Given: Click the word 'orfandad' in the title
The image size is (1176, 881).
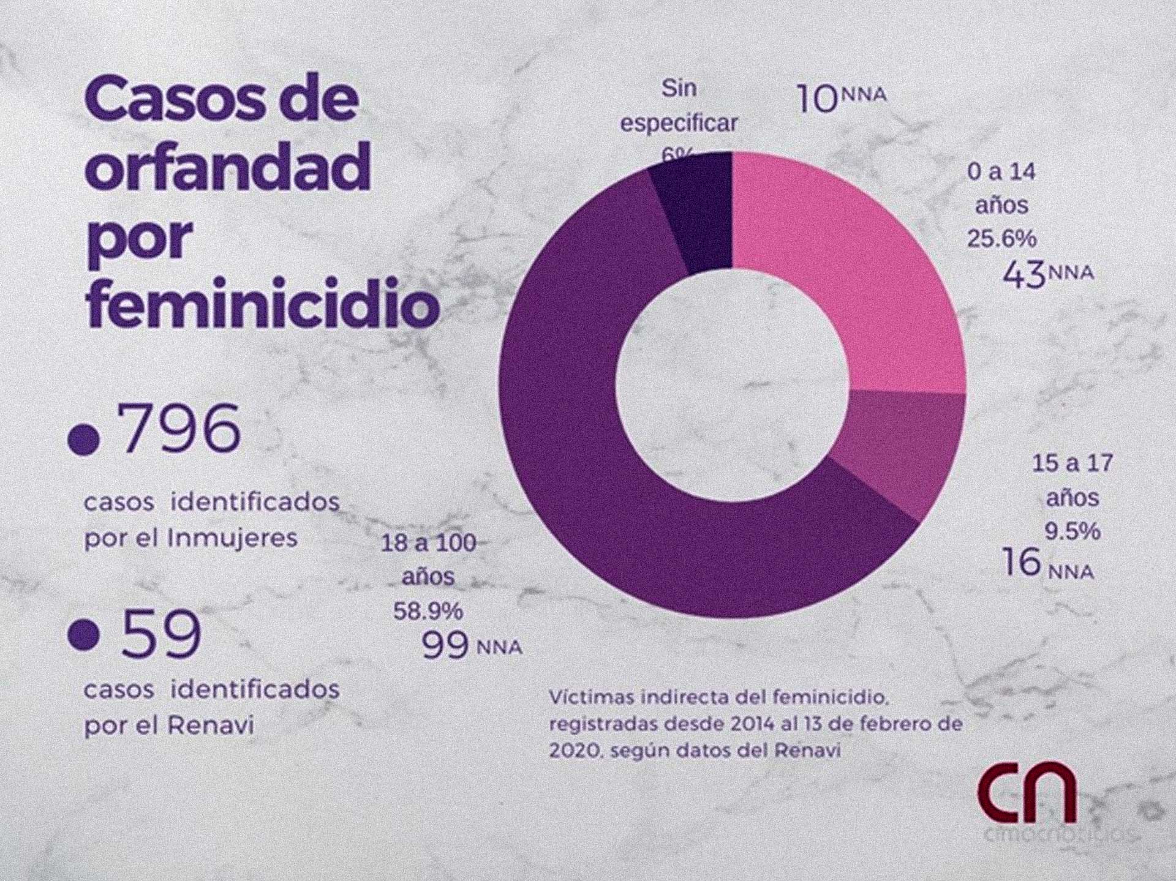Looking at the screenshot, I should [x=227, y=166].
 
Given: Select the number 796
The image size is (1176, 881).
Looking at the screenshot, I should [x=181, y=429].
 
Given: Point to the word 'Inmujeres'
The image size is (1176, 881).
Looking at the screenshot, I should [x=232, y=539].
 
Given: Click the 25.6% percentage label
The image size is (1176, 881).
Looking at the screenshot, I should [x=1001, y=239].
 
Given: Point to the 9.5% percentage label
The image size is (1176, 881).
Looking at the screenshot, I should [x=1072, y=531].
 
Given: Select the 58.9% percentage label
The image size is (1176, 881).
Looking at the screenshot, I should [x=428, y=610].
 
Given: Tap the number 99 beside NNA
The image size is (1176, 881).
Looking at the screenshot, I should [x=445, y=646].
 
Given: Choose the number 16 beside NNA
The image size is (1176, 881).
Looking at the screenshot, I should [x=1021, y=562].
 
